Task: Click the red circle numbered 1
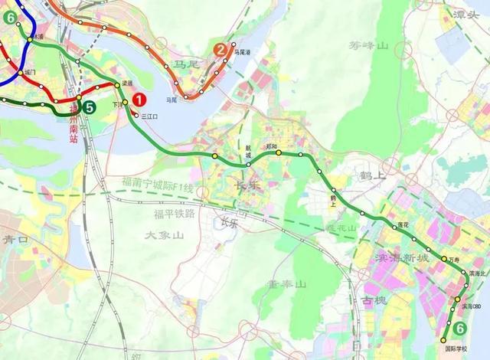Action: point(139,98)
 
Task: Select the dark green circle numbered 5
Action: point(90,107)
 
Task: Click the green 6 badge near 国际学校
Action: point(459,329)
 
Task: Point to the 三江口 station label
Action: point(149,116)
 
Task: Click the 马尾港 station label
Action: point(243,52)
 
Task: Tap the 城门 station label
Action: point(30,72)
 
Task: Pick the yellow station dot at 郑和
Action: point(279,152)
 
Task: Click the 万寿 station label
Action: point(456,260)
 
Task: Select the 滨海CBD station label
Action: point(472,306)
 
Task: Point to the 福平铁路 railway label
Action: point(175,213)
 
